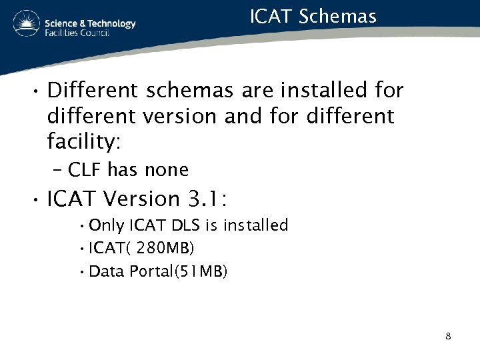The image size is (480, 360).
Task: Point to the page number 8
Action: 448,336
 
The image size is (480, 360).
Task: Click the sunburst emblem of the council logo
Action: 26,24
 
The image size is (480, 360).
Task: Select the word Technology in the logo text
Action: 111,23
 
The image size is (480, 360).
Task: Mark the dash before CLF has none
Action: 57,170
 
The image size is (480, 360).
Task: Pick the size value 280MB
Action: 168,249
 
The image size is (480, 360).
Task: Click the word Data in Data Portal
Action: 105,271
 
